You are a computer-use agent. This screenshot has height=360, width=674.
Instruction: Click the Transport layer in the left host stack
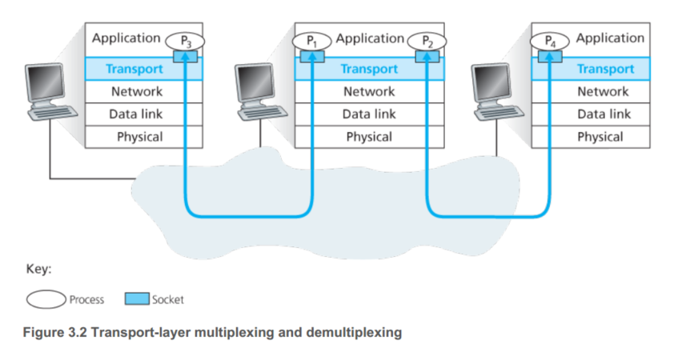coord(135,69)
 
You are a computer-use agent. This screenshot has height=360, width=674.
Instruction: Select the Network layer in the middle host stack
coord(369,91)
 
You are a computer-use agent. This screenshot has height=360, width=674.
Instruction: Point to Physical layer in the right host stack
coord(600,137)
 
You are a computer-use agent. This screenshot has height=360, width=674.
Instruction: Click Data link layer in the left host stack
coord(135,114)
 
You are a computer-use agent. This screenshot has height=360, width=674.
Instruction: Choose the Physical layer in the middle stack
coord(369,137)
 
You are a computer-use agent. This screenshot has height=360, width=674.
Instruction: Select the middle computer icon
coord(258,92)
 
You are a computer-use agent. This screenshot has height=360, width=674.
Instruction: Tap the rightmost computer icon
coord(497,92)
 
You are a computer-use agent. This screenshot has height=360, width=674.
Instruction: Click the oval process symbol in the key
coord(46,300)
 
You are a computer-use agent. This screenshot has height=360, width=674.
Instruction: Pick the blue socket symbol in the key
coord(137,300)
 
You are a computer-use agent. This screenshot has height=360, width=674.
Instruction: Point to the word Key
coord(39,269)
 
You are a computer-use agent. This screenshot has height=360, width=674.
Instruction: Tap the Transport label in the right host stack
coord(604,69)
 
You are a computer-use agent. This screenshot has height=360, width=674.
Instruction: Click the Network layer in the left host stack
coord(135,91)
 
